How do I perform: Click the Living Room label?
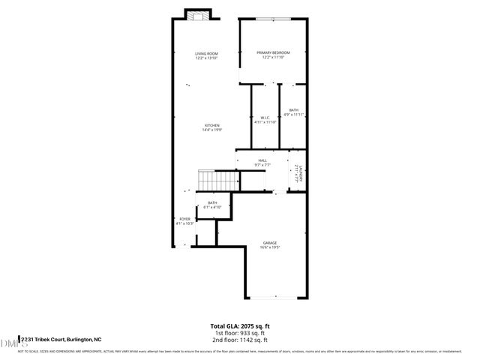pos(206,54)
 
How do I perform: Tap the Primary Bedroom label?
pos(273,52)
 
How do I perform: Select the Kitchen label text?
pos(212,125)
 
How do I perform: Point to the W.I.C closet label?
pos(265,117)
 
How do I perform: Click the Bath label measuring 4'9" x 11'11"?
pos(293,110)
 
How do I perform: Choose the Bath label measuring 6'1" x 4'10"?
pos(212,202)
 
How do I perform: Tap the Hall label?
pos(262,160)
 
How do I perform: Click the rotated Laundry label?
pos(298,172)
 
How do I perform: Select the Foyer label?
pos(184,219)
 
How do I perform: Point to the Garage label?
pos(270,243)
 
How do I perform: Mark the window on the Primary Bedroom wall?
pos(273,19)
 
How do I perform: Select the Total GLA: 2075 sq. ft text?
pos(239,325)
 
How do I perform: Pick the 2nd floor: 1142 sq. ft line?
pos(239,340)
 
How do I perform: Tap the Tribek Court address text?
pos(61,340)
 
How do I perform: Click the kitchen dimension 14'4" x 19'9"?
pos(212,130)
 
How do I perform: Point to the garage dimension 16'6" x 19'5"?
pos(270,248)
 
